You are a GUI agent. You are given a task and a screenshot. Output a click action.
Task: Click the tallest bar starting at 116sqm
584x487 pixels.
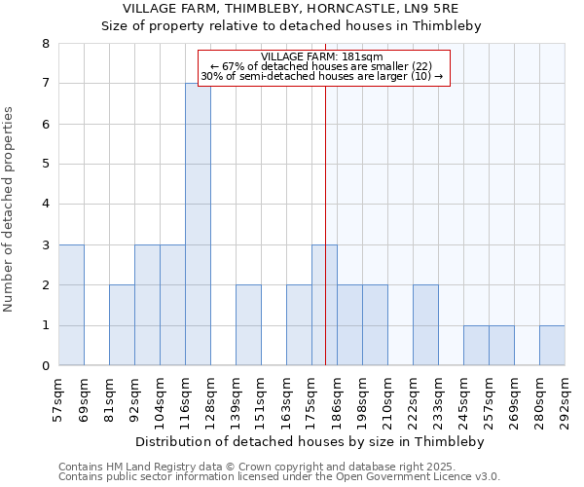[198, 224]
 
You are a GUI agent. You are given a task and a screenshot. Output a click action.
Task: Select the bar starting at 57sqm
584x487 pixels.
[71, 305]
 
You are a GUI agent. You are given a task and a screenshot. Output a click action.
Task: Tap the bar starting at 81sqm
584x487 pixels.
[122, 325]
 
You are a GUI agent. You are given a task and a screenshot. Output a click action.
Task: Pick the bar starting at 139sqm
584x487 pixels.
[248, 325]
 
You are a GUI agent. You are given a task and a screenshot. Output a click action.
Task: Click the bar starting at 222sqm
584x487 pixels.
[425, 325]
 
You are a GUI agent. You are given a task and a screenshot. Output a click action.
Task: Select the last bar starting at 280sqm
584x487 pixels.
[552, 346]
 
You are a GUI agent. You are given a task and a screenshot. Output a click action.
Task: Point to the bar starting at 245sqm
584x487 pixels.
[476, 346]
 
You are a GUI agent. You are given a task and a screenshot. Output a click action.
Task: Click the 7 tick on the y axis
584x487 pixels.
[45, 84]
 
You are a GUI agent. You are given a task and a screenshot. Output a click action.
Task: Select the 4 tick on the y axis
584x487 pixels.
[45, 205]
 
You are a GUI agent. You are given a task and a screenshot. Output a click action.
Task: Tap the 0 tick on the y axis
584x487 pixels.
[45, 366]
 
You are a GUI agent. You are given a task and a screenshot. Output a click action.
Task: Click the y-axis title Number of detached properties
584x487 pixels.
[10, 210]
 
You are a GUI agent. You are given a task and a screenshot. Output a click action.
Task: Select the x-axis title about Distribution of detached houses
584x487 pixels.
[310, 441]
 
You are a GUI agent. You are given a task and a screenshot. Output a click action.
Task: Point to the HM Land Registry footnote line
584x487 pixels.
[277, 468]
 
